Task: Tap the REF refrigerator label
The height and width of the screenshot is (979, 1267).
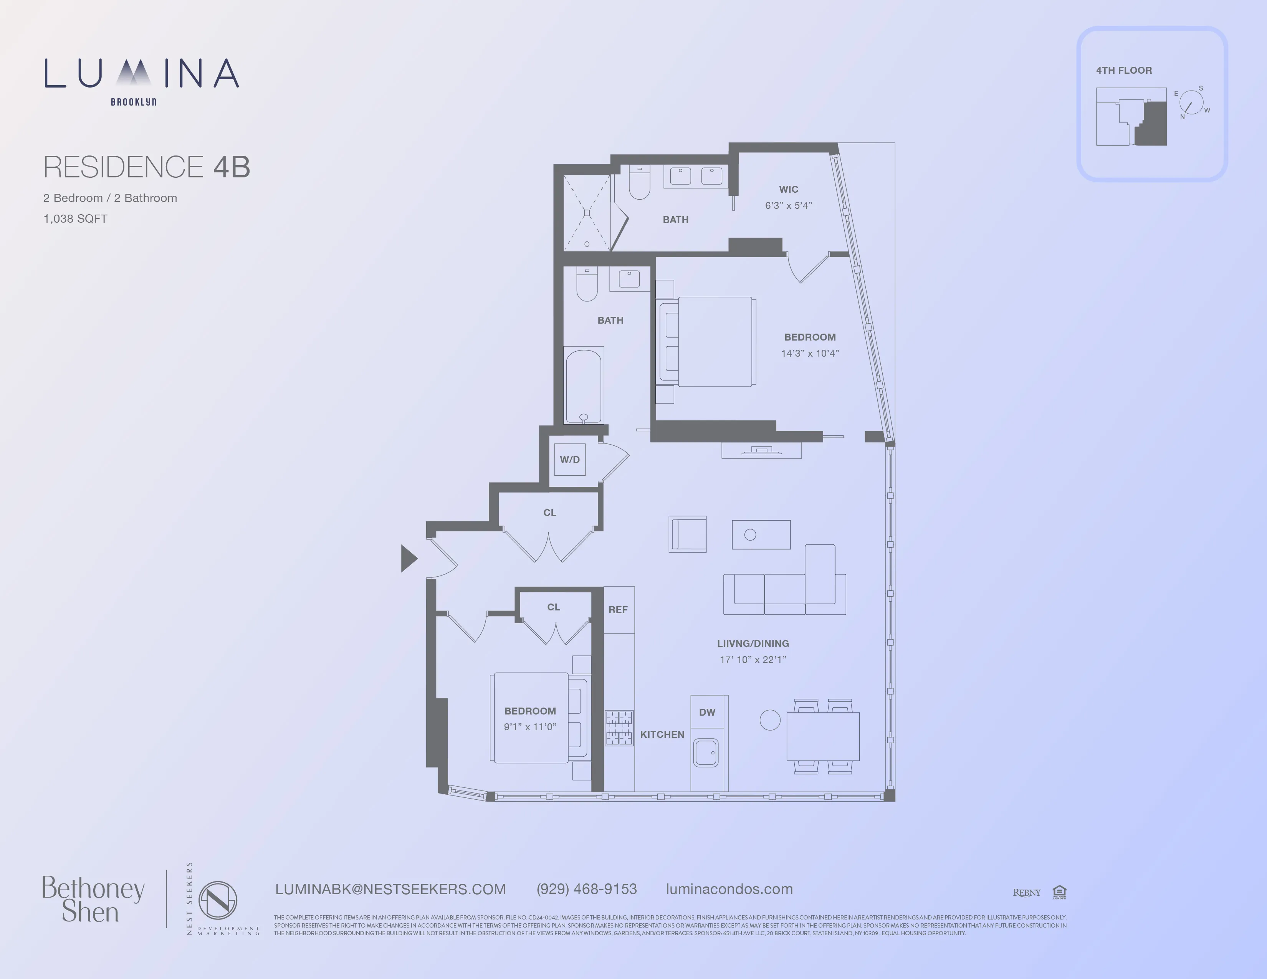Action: pyautogui.click(x=618, y=610)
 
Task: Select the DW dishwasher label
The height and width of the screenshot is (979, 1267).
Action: pyautogui.click(x=706, y=712)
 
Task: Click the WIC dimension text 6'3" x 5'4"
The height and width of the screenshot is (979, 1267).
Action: pyautogui.click(x=788, y=205)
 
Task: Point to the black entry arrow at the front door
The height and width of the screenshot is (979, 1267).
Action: pyautogui.click(x=409, y=559)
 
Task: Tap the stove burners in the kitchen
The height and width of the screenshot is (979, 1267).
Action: pyautogui.click(x=619, y=728)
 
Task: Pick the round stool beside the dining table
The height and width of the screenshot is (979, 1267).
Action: pyautogui.click(x=770, y=720)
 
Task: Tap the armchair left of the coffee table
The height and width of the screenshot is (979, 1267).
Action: pyautogui.click(x=688, y=534)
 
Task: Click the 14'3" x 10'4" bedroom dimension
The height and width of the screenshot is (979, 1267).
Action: pyautogui.click(x=810, y=353)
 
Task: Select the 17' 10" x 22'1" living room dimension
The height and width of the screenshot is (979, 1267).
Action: pyautogui.click(x=753, y=660)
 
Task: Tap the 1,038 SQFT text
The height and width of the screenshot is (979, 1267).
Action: pyautogui.click(x=75, y=219)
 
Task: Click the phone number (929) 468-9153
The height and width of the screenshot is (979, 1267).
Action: pyautogui.click(x=587, y=889)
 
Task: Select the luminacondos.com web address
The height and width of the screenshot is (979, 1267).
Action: pyautogui.click(x=729, y=889)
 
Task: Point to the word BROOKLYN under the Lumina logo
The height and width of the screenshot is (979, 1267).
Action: pyautogui.click(x=134, y=102)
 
